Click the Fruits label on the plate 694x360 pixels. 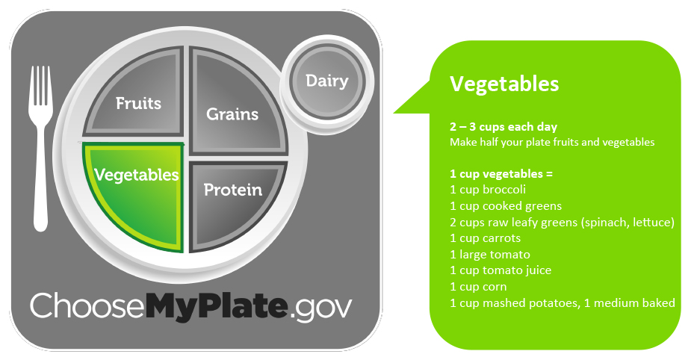(138, 103)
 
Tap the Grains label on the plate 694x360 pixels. (232, 114)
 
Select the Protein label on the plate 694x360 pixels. (233, 190)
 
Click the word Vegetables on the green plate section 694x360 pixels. (137, 175)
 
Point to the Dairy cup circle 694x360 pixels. (327, 81)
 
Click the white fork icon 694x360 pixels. (41, 148)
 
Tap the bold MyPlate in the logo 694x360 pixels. (217, 305)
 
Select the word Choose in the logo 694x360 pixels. (87, 305)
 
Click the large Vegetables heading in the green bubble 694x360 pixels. (504, 84)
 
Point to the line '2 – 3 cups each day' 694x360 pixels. (504, 127)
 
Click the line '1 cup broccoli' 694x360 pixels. (488, 190)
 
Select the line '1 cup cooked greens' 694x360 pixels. (506, 206)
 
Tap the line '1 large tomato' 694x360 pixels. (490, 254)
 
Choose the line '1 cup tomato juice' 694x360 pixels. (501, 270)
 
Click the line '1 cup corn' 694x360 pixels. (478, 287)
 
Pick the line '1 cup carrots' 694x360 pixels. (485, 238)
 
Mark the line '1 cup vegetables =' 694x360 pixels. (501, 174)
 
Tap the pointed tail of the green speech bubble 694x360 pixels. (395, 112)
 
